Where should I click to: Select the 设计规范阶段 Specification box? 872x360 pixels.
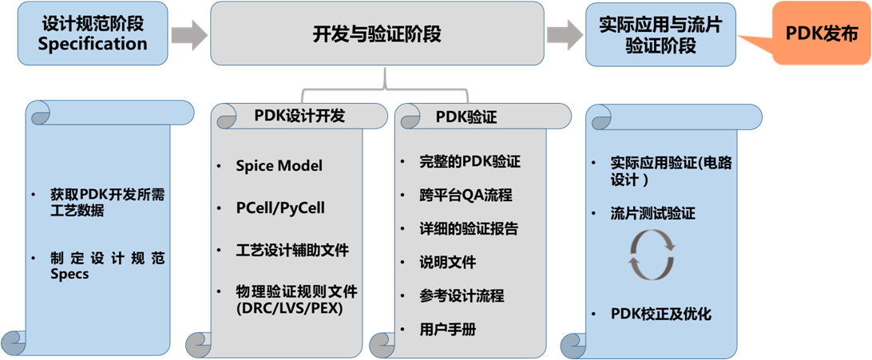click(93, 34)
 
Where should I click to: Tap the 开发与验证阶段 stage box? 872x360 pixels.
click(377, 34)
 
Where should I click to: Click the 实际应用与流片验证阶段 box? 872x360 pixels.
click(660, 34)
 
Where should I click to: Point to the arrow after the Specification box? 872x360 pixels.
click(189, 35)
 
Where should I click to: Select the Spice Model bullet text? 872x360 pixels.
click(279, 166)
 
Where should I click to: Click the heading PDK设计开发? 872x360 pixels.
click(299, 116)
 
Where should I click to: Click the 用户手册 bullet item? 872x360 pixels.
click(448, 329)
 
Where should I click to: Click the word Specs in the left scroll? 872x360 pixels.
click(69, 275)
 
